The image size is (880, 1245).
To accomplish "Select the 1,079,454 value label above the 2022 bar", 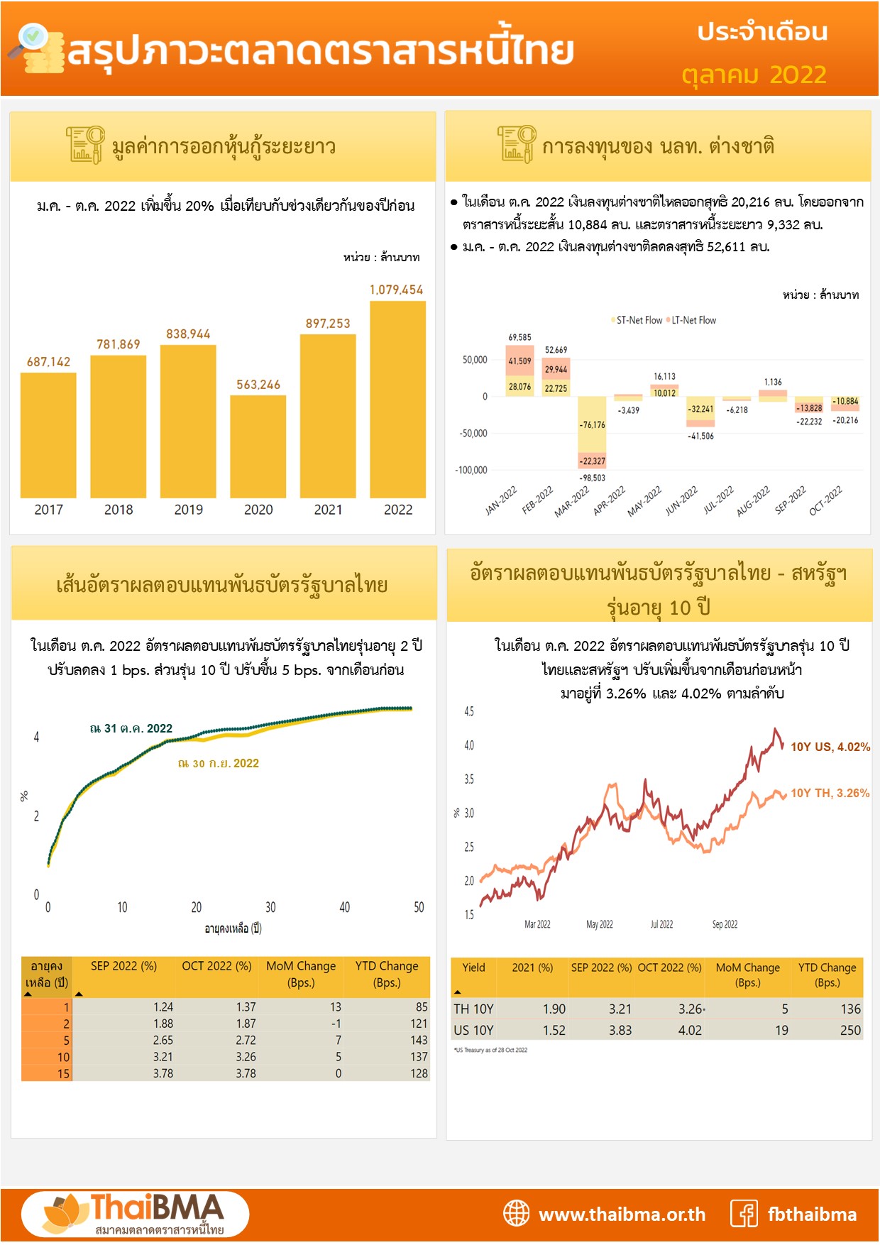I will [x=396, y=290].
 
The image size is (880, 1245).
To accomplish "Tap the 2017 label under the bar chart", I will [x=48, y=510].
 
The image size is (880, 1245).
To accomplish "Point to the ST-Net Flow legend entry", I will [x=639, y=320].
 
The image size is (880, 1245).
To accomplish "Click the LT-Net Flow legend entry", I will [x=693, y=320].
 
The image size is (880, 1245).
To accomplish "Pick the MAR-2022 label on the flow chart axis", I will [x=572, y=501].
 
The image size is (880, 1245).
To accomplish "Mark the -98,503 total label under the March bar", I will [x=592, y=478].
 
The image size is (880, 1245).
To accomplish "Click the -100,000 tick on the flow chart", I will [x=471, y=470].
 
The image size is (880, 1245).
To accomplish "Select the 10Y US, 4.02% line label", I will [x=830, y=747].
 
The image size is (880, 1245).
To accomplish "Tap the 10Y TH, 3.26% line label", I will [x=830, y=793].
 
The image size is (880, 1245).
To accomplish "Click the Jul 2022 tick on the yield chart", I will [x=661, y=924].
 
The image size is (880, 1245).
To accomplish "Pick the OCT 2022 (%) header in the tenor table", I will [x=216, y=966].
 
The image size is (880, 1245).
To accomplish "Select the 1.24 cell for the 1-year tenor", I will [x=163, y=1007].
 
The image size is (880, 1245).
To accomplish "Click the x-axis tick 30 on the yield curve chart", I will [x=270, y=907].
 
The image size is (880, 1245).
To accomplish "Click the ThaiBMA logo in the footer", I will [x=135, y=1214].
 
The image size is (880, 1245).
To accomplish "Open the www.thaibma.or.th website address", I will [x=622, y=1214].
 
